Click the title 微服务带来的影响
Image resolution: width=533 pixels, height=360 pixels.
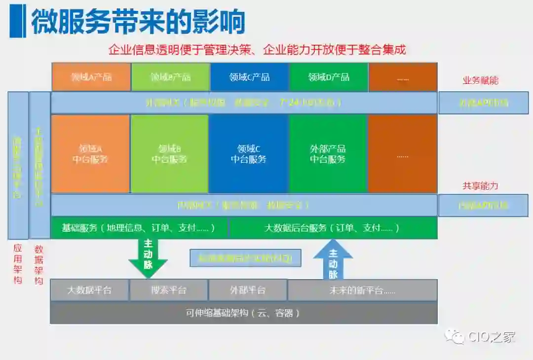138,22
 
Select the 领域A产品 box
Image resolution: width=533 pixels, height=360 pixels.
91,77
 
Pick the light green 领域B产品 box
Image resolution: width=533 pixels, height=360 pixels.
170,77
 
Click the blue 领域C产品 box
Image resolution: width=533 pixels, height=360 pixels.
249,77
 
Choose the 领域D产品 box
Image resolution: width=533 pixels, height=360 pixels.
329,77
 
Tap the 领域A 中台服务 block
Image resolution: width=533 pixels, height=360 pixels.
90,154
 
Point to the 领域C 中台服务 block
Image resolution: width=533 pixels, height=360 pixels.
249,154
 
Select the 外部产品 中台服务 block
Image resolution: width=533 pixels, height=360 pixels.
328,154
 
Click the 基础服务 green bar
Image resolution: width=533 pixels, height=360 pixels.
139,228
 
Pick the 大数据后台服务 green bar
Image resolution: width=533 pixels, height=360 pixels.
333,228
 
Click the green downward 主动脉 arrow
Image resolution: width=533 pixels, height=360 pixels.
148,257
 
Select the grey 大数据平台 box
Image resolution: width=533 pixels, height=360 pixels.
89,290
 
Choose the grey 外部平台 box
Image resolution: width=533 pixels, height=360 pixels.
248,290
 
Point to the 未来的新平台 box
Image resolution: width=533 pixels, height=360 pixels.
362,290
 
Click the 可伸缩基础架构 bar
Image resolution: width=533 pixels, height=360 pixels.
243,313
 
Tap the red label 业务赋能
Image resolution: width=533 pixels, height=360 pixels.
480,80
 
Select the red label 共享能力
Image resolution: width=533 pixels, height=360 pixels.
480,186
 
